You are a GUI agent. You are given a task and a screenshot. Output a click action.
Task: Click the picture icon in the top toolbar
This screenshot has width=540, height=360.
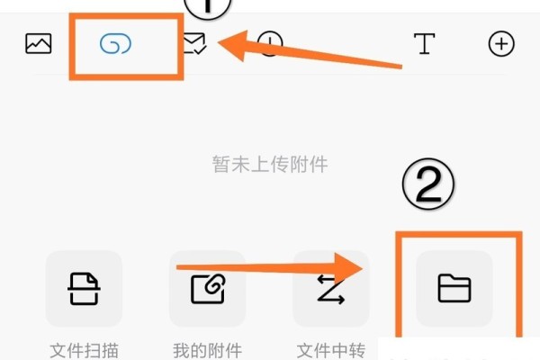tap(39, 43)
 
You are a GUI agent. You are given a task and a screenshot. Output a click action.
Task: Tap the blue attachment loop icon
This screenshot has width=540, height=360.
tap(116, 43)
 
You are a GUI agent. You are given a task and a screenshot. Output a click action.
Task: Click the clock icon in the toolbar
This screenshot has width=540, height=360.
tap(270, 43)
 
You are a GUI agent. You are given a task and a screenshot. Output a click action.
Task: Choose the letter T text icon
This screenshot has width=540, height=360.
tap(425, 43)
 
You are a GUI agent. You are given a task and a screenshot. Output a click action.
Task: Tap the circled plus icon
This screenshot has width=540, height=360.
tap(500, 43)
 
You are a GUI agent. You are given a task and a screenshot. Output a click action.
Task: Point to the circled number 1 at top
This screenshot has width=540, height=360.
tap(209, 6)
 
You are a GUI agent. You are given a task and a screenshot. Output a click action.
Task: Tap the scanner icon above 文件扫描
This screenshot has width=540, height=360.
tap(84, 289)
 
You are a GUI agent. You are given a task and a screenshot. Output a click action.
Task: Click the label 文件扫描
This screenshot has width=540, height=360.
tap(84, 349)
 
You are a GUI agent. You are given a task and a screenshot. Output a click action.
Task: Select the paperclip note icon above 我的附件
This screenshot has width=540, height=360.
tap(207, 289)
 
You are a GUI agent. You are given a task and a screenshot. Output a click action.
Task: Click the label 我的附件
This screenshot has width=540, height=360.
tap(207, 349)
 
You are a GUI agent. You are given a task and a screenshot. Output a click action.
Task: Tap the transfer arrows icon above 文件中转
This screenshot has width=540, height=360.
tap(330, 289)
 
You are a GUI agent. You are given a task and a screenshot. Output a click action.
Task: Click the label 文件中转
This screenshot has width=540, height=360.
tap(330, 349)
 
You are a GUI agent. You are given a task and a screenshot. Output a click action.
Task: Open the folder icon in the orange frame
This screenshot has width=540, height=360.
tap(454, 288)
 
